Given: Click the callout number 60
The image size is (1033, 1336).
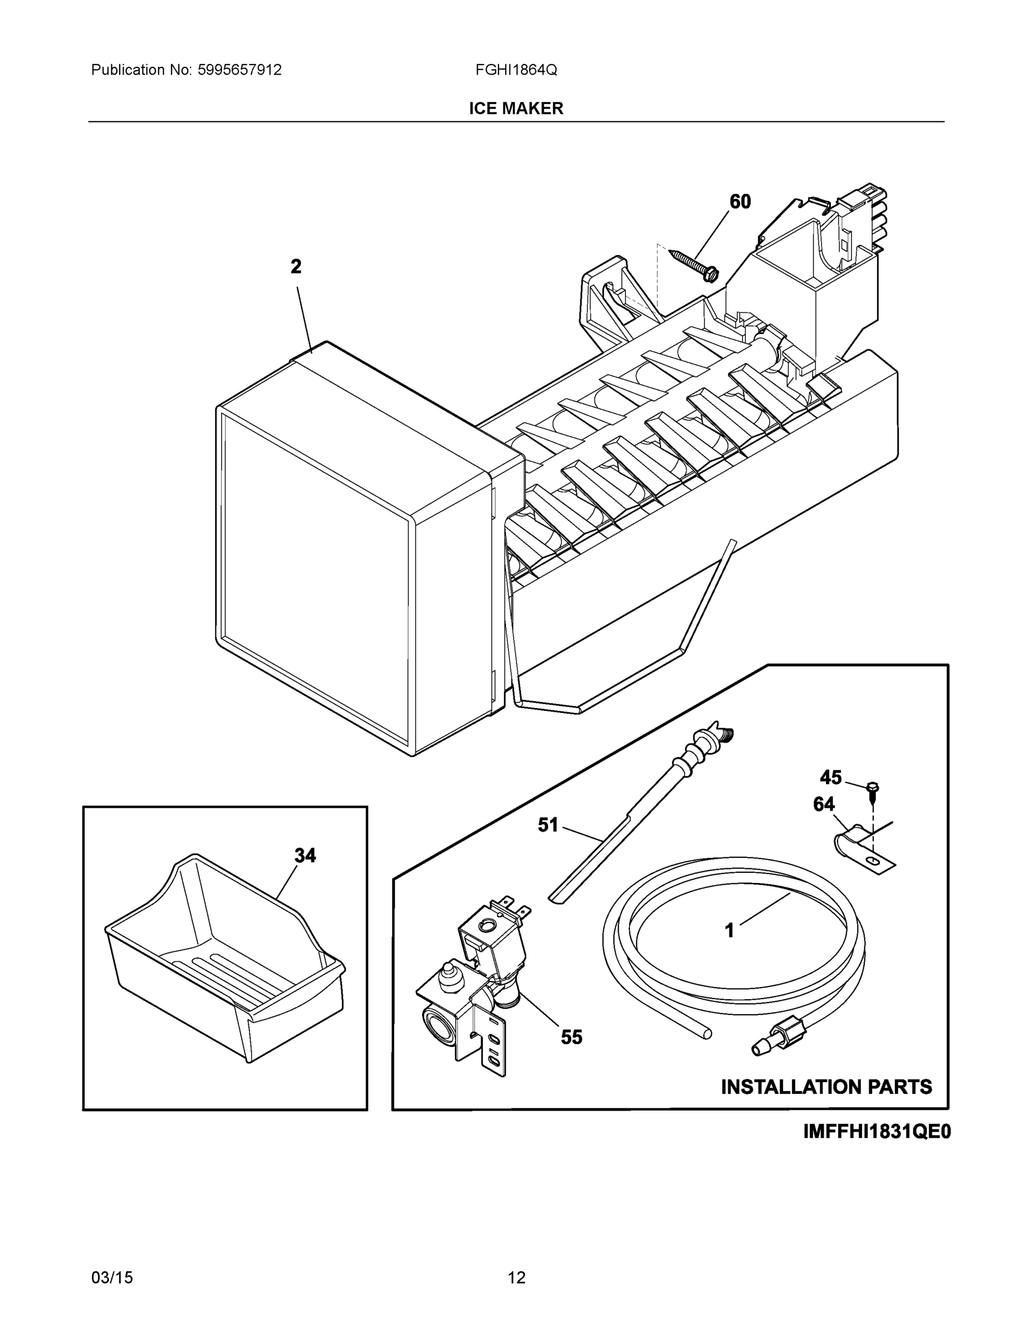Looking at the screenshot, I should pos(740,202).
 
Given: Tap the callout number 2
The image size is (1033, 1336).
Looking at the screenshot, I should pos(296,267).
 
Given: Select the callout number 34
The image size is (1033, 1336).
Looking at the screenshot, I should pos(305,855).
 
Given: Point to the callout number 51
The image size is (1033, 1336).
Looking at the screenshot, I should pos(548,825).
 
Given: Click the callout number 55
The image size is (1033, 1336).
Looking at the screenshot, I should pos(571,1037).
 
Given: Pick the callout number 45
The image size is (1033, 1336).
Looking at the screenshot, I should pos(830,778).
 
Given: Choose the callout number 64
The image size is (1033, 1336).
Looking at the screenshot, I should pos(824,804).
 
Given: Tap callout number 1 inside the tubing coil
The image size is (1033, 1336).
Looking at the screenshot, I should pos(729,930).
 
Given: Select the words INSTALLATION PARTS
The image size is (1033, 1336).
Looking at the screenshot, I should pos(826,1087).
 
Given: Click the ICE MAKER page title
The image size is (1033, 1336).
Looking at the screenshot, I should pos(516,109).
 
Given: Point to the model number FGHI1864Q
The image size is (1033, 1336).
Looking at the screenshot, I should pos(516,70).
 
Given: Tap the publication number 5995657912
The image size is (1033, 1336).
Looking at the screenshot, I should pos(239,70).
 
